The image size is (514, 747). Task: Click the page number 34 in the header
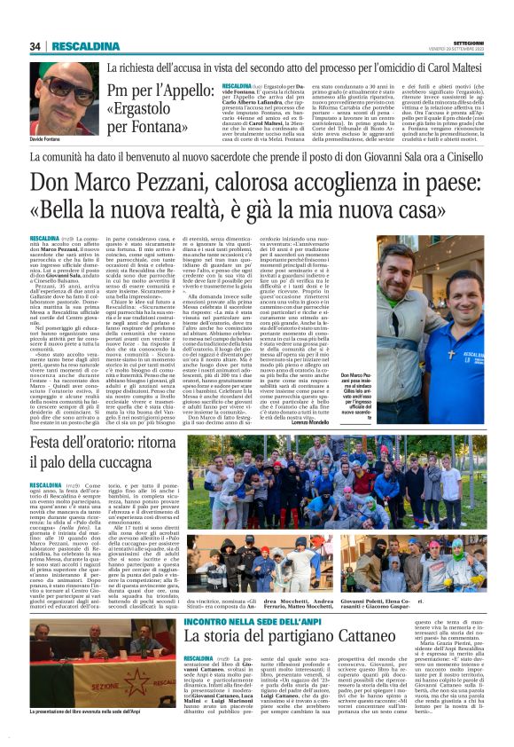(35, 46)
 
